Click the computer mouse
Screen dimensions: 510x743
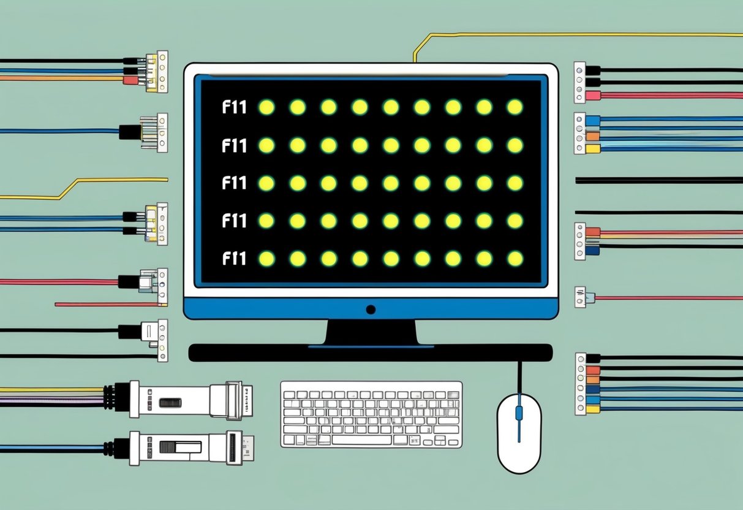(519, 434)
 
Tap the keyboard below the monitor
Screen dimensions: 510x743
(371, 414)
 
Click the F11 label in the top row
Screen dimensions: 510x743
(234, 108)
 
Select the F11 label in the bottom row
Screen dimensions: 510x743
(234, 259)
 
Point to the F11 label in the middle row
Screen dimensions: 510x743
(234, 183)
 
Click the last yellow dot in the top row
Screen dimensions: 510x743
(515, 107)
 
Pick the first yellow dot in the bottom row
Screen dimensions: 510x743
(266, 259)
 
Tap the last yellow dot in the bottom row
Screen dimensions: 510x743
(515, 259)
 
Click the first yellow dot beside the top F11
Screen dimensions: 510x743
(266, 107)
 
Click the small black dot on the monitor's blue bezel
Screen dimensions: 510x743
(371, 310)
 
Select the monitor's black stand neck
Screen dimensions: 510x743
(371, 332)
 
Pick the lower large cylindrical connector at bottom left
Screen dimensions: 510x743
(184, 447)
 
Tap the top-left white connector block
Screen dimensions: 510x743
(156, 72)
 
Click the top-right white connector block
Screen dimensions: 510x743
(579, 82)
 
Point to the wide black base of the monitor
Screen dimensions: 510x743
(371, 352)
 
